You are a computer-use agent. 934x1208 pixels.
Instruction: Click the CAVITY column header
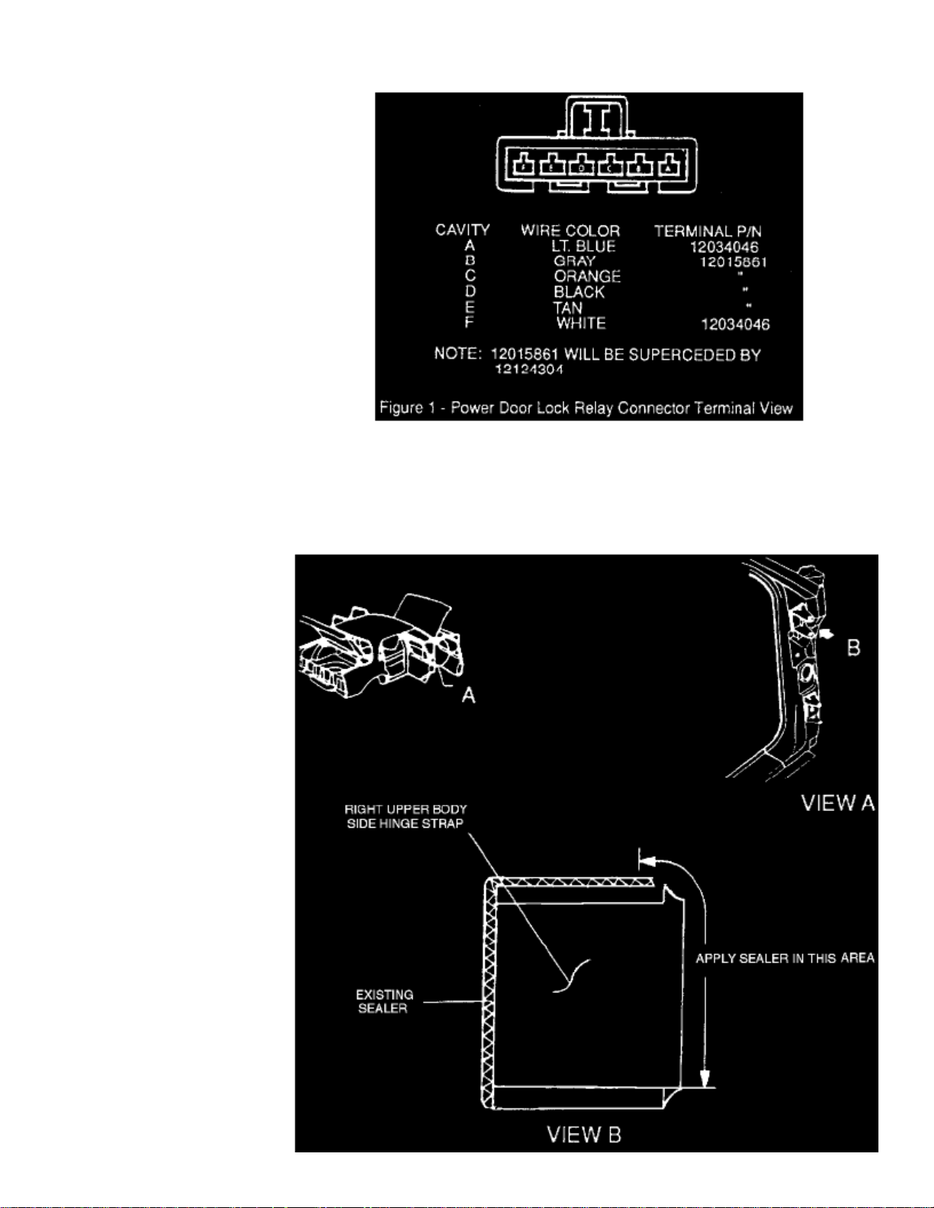point(462,229)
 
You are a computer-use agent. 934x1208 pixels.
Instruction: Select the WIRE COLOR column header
point(570,230)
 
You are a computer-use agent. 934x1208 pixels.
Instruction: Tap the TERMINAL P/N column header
point(708,231)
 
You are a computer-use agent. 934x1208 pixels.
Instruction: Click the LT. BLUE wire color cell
point(583,246)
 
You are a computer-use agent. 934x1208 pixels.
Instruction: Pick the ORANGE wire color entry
point(587,276)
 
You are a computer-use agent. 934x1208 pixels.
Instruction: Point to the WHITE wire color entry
point(581,323)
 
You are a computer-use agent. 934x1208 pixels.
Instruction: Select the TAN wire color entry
point(568,308)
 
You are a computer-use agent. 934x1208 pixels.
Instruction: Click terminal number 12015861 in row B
point(733,262)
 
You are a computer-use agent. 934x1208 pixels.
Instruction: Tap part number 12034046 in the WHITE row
point(735,325)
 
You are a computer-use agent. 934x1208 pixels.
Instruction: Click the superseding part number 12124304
point(529,370)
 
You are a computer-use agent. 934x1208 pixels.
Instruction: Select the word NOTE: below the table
point(458,354)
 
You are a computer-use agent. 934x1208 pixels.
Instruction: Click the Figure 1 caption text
point(586,408)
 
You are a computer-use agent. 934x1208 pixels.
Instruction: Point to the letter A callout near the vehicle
point(468,695)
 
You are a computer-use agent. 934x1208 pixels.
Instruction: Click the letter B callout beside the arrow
point(853,648)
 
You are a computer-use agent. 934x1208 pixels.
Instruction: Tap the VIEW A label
point(837,803)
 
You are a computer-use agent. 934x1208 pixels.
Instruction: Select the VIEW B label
point(584,1135)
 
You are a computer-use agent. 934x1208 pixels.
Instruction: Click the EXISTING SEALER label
point(384,1001)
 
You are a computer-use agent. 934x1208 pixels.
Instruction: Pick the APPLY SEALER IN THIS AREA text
point(785,958)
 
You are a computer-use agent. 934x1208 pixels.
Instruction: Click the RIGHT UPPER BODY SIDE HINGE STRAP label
point(405,816)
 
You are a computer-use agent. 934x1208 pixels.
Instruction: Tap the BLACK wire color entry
point(579,292)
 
